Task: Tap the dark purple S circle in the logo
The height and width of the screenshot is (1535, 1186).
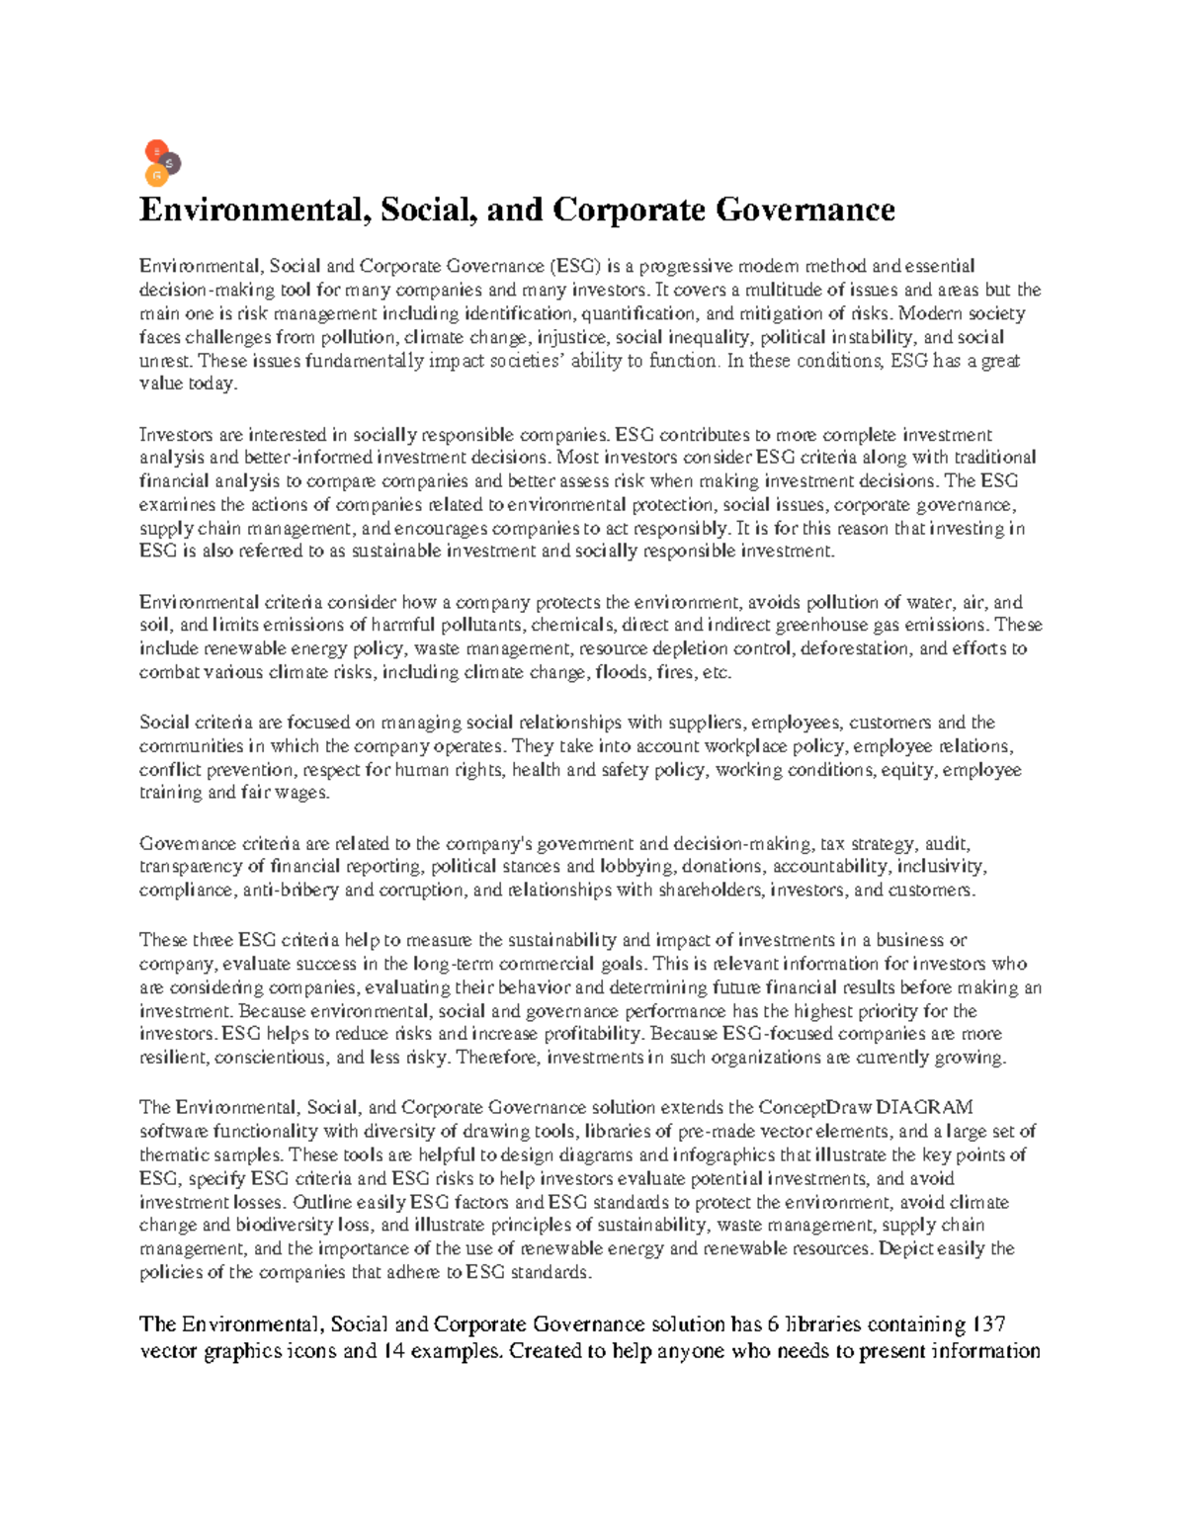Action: coord(170,163)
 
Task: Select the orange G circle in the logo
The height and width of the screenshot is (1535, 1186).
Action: coord(155,176)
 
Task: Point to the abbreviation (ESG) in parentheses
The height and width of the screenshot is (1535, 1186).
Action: coord(573,266)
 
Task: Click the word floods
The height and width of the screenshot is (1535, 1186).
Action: coord(622,673)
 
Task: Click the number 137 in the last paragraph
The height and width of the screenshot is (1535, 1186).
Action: coord(988,1324)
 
